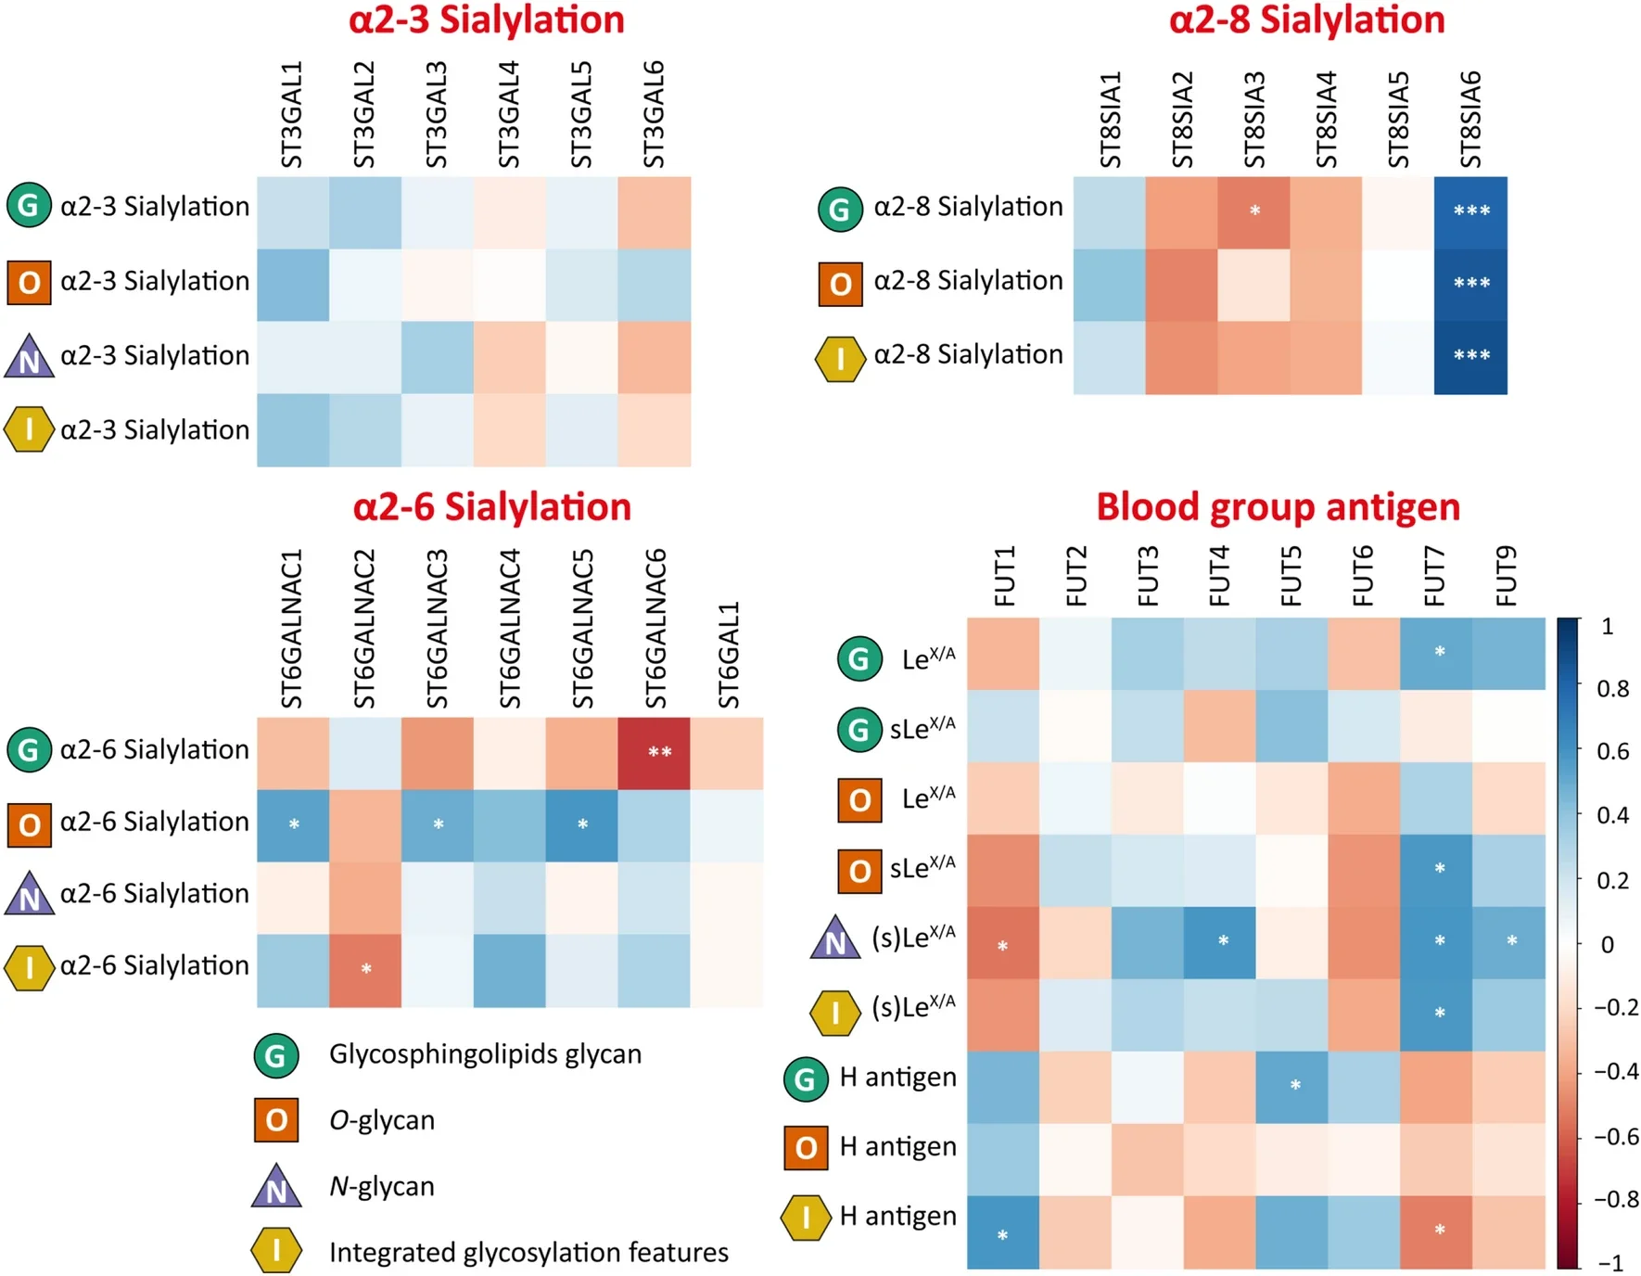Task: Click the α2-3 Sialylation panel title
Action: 486,20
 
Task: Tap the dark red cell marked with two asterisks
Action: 654,753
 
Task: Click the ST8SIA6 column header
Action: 1470,119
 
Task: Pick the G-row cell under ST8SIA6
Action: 1470,211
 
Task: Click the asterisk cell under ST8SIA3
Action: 1253,211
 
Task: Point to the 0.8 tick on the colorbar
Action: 1613,689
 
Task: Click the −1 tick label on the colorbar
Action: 1611,1262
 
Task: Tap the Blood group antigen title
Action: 1278,507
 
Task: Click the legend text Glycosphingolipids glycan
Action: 485,1054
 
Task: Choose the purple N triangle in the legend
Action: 276,1188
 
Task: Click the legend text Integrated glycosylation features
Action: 528,1253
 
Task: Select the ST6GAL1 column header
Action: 729,655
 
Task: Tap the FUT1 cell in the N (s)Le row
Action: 1003,943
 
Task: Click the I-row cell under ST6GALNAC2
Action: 365,970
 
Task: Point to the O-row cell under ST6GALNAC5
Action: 582,825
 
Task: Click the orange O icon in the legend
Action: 276,1120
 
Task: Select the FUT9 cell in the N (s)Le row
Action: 1508,943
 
